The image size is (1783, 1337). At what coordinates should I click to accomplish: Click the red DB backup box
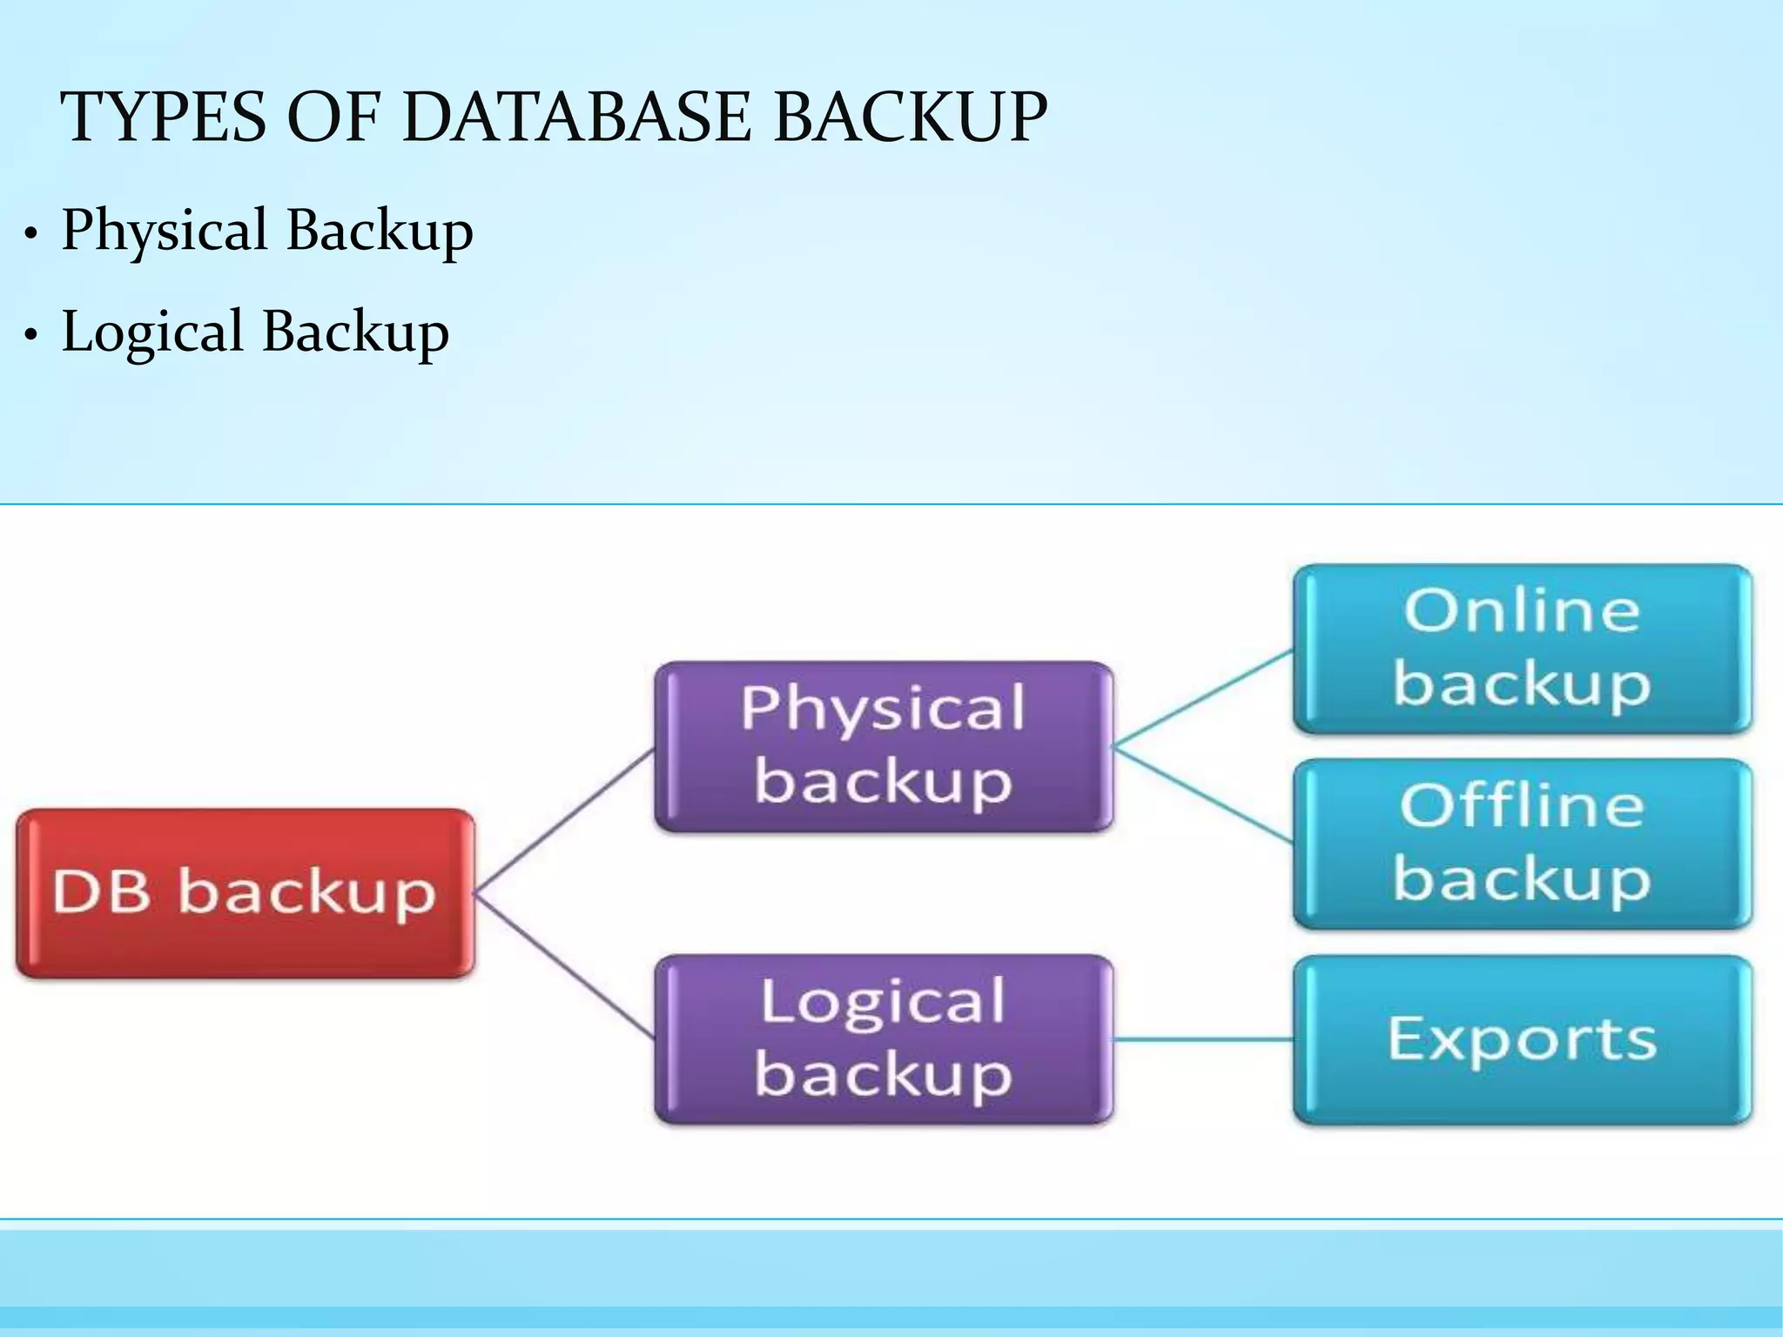[245, 893]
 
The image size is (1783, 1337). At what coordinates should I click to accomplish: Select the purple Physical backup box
[883, 746]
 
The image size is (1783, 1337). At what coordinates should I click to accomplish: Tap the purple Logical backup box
[883, 1038]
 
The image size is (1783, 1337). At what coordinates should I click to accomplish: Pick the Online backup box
[1522, 648]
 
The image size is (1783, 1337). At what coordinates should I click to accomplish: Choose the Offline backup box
[1522, 843]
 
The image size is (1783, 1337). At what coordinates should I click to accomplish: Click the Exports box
[1522, 1038]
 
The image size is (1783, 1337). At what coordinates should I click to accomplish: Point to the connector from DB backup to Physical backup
[564, 820]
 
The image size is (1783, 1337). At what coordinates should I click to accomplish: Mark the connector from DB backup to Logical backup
[564, 966]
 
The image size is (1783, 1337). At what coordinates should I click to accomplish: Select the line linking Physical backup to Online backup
[1203, 698]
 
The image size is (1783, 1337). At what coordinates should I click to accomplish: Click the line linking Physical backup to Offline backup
[1203, 794]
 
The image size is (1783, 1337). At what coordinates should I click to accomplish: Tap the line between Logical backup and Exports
[1203, 1038]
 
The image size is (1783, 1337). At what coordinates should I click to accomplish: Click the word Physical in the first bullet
[165, 231]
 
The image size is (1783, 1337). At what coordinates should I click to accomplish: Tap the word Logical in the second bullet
[152, 333]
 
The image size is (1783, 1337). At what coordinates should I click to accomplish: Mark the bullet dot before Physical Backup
[31, 234]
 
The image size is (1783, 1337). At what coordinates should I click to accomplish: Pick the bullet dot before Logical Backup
[31, 335]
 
